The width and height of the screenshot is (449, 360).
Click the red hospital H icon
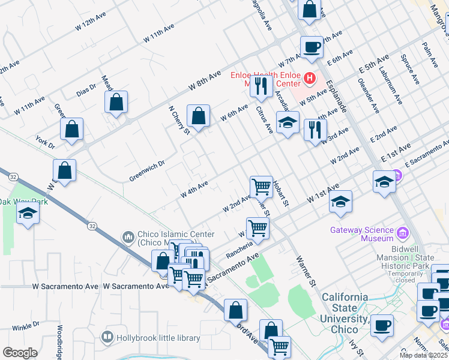click(309, 77)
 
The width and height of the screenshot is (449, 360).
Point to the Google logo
click(20, 353)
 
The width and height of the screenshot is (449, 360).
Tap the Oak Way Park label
click(23, 202)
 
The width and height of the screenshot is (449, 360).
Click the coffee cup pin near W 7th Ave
click(312, 47)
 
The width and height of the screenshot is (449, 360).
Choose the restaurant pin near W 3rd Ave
click(315, 130)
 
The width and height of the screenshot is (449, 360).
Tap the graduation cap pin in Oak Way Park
click(28, 214)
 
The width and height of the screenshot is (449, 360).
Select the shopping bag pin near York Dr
click(71, 128)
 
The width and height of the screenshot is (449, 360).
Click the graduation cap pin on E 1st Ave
click(384, 181)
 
